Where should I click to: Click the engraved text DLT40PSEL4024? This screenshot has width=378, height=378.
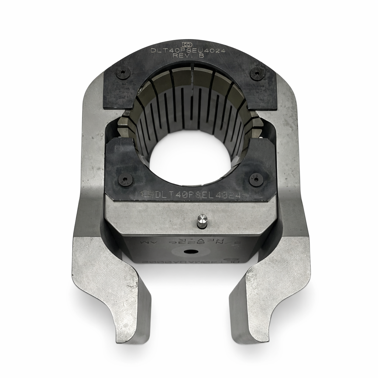(198, 195)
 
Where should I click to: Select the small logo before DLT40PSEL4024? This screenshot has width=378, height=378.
(147, 193)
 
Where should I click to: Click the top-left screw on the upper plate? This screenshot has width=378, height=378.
(123, 73)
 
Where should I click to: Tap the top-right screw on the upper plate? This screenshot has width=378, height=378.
(257, 74)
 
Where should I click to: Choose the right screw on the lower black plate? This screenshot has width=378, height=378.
(256, 179)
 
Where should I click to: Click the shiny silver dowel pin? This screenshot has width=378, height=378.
(202, 220)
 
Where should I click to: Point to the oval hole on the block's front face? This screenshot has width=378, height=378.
(191, 251)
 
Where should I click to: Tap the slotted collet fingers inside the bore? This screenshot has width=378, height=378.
(192, 111)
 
